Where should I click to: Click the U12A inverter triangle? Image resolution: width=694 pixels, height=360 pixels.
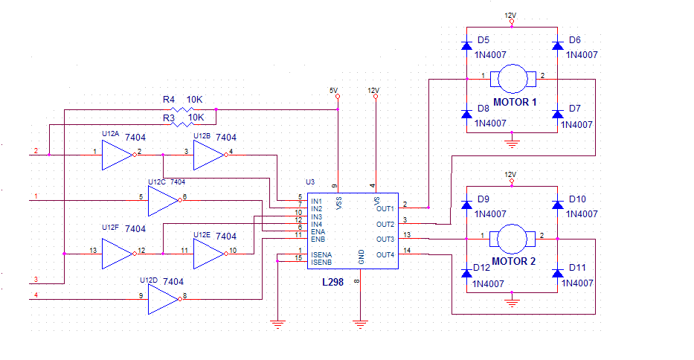[118, 155]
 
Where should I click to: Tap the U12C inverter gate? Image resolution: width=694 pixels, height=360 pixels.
[164, 201]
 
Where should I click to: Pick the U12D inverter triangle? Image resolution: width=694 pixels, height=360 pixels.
[164, 299]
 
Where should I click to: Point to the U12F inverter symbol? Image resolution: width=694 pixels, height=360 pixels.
[118, 254]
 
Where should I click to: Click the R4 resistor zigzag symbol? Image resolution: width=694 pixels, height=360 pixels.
[182, 109]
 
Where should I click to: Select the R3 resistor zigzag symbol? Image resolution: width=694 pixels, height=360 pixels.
[182, 124]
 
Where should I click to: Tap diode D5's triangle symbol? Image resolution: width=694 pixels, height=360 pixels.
[466, 45]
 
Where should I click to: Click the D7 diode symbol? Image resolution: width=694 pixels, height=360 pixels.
[558, 114]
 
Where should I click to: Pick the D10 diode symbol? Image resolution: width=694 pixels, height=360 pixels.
[558, 205]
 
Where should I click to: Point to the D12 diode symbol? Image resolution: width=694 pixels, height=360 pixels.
[466, 273]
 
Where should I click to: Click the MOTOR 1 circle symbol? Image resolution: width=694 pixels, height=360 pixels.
[513, 79]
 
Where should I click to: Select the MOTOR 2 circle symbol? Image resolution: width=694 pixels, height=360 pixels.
[512, 239]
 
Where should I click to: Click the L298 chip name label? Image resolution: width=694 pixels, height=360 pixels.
[332, 282]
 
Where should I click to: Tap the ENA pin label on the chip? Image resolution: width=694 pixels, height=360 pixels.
[318, 231]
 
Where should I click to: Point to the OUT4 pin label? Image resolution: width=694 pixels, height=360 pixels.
[385, 254]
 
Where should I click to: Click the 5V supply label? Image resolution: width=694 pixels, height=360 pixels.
[333, 90]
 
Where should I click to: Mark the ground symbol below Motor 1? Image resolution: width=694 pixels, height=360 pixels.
[512, 143]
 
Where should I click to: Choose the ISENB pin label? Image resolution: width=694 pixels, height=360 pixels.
[321, 262]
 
